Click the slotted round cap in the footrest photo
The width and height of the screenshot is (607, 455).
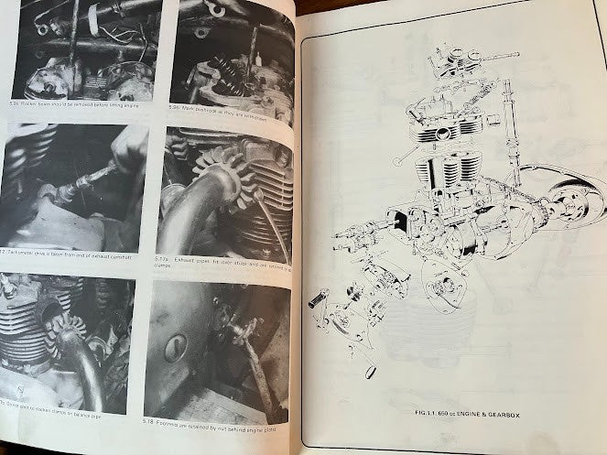point(176,346)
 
